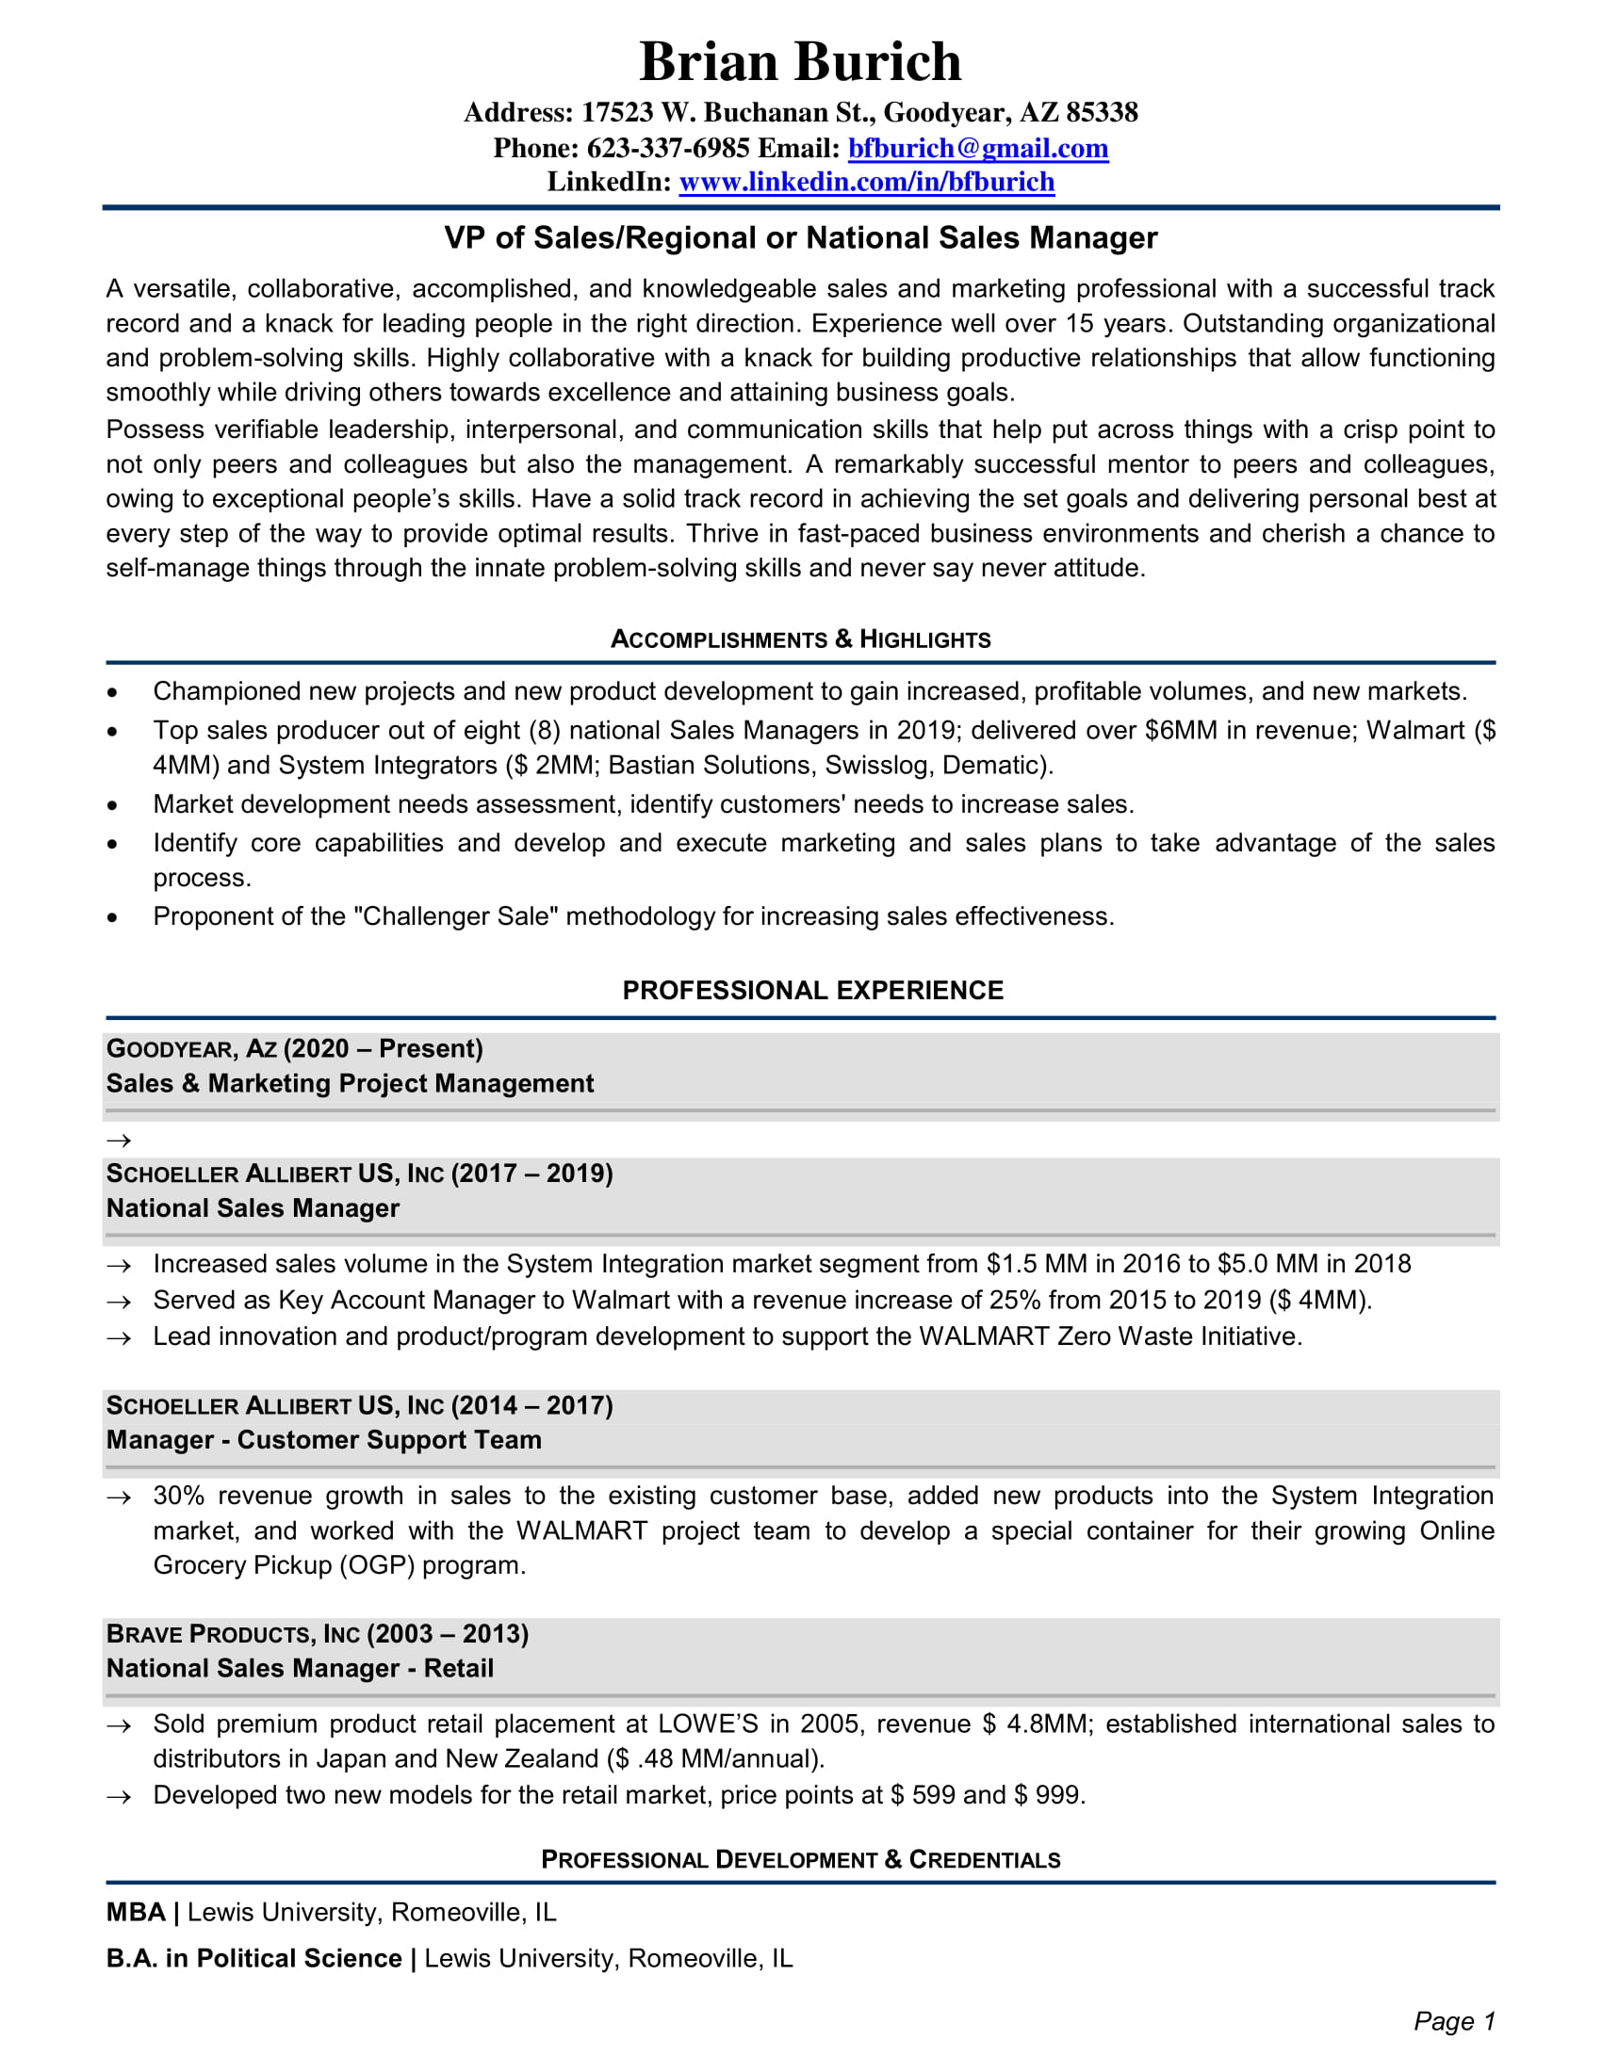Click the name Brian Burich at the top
point(800,62)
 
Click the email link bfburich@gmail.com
point(977,148)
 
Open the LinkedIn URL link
point(865,182)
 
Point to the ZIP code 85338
point(1101,113)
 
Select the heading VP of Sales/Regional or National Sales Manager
point(800,238)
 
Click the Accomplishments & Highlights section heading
point(800,639)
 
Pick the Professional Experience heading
point(812,991)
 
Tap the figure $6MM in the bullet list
point(1181,731)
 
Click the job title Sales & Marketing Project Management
point(350,1083)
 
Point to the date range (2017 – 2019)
point(531,1174)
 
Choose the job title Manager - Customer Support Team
point(323,1440)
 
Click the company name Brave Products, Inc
point(233,1634)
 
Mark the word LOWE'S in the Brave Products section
point(708,1724)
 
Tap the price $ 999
point(1048,1795)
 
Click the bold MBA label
point(136,1912)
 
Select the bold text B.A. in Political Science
point(253,1958)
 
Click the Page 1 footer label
point(1453,2021)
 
